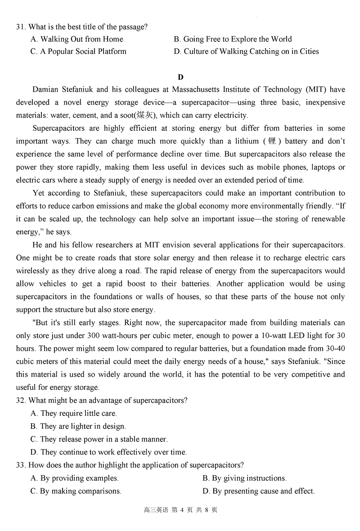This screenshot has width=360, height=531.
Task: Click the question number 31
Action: click(21, 27)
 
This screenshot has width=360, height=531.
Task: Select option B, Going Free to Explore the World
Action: click(232, 39)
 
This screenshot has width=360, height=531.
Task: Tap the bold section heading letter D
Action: click(180, 77)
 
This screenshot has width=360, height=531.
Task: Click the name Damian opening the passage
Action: click(47, 90)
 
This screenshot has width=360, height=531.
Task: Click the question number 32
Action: click(21, 401)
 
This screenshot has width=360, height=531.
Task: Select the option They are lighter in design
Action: click(78, 426)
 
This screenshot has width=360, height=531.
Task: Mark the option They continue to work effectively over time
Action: click(108, 452)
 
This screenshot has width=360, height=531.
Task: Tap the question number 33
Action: click(21, 465)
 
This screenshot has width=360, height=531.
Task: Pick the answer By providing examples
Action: click(75, 478)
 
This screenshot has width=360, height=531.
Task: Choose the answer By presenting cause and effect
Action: click(258, 491)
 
